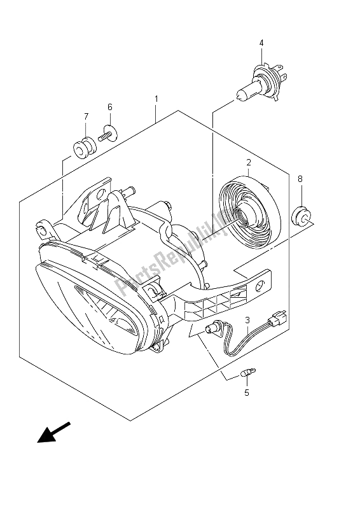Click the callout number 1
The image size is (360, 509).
coord(155,99)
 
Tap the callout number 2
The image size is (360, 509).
coord(249,162)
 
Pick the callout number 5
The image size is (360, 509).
coord(247,393)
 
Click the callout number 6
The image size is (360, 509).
coord(109,107)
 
